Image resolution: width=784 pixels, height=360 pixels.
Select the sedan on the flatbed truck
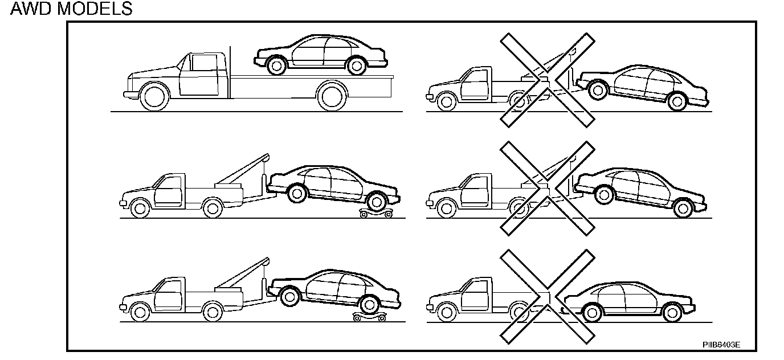320,55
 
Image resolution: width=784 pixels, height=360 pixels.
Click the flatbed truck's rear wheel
332,96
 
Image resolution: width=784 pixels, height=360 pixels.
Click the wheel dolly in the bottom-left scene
370,316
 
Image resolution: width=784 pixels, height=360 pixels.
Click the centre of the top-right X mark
547,79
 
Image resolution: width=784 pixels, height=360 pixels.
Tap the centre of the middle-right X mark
547,188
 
